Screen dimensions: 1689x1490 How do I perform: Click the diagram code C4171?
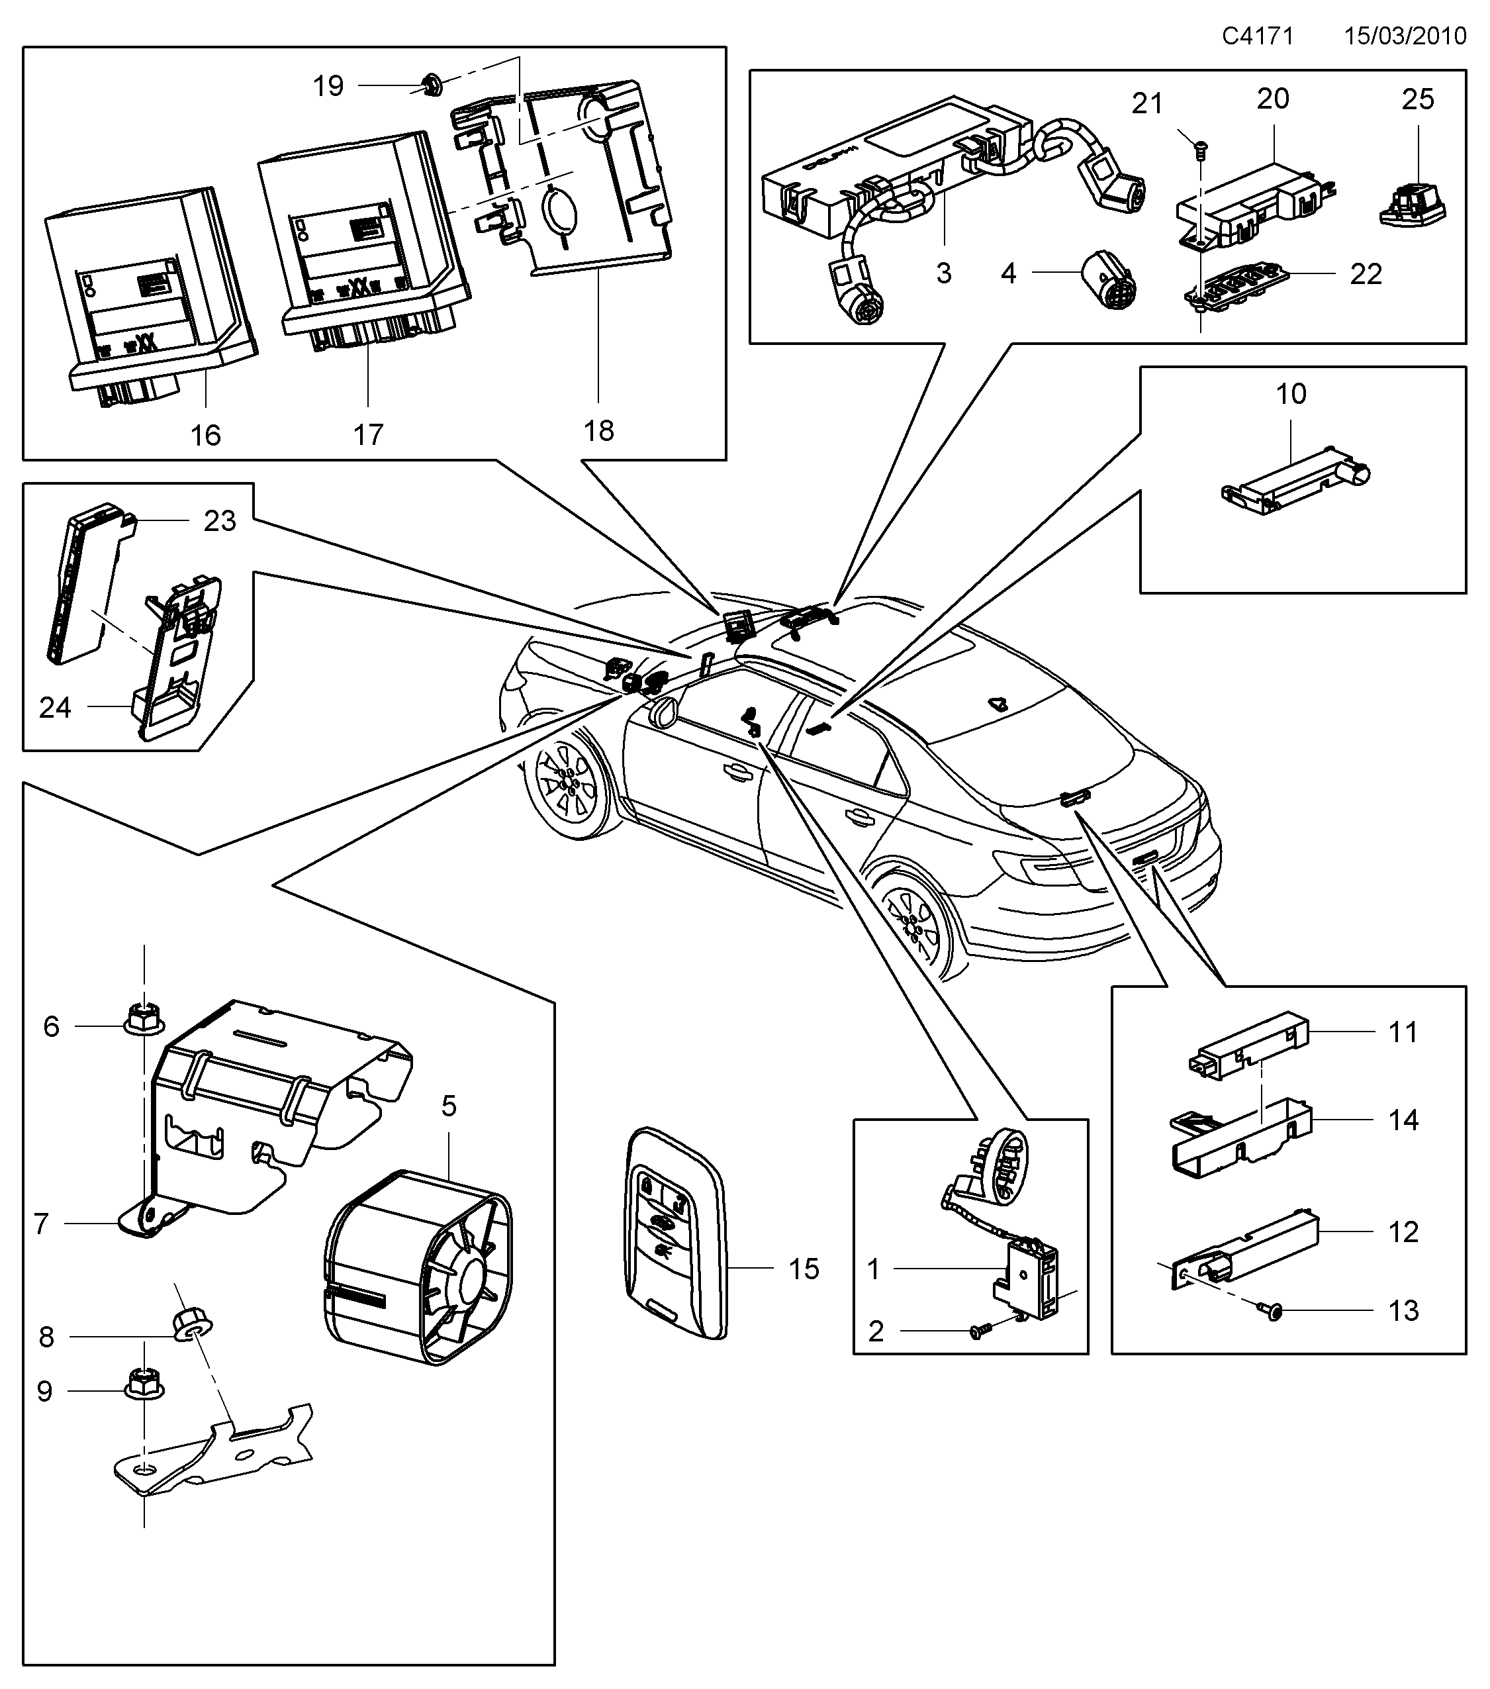[1257, 36]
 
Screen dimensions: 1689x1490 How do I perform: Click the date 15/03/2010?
[1405, 36]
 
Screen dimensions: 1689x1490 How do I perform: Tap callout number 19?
[328, 86]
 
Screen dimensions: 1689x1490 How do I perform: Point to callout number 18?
[599, 430]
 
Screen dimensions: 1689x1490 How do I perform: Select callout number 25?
[1418, 99]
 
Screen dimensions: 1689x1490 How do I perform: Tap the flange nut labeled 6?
[144, 1020]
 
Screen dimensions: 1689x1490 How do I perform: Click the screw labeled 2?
[980, 1331]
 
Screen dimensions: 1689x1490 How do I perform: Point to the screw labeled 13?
[1273, 1310]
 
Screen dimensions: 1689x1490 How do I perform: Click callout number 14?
[1403, 1120]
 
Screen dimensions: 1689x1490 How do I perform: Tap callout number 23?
[220, 520]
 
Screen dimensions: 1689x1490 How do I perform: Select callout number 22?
[1366, 273]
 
